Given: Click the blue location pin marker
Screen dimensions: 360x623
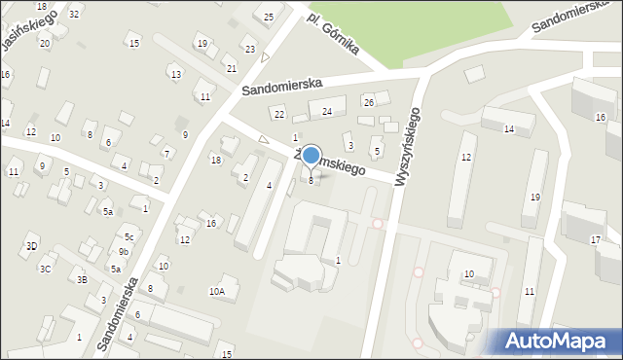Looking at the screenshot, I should click(311, 157).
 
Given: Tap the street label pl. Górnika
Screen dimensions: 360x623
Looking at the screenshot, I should click(334, 34).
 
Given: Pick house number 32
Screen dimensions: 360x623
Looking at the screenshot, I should click(74, 14).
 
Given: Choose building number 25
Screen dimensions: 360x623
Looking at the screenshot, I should click(269, 17).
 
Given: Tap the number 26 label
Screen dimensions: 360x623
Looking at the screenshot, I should click(368, 102).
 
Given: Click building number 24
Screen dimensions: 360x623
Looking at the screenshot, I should click(327, 112).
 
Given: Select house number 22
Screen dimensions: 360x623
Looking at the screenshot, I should click(278, 115).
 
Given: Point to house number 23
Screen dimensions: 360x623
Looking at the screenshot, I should click(250, 50).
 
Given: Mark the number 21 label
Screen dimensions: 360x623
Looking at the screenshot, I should click(231, 68).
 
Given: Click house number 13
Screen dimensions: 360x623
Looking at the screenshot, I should click(175, 74).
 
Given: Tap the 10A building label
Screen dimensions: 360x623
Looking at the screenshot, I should click(217, 290).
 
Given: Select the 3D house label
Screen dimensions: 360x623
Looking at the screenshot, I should click(32, 245).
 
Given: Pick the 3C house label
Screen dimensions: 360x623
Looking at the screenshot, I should click(45, 268).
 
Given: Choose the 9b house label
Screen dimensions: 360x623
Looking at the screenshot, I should click(124, 252).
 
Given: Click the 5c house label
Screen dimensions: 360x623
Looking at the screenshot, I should click(128, 236).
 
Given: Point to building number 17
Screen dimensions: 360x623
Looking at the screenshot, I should click(595, 239).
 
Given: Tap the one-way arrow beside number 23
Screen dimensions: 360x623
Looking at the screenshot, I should click(265, 57).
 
